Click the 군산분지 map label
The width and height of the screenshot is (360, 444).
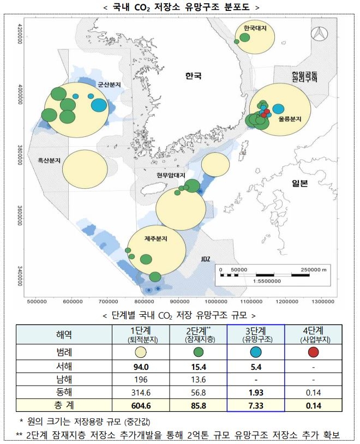[x=110, y=85]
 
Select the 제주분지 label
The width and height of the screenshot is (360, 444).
[x=155, y=239]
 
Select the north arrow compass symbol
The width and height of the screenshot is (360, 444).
[x=317, y=35]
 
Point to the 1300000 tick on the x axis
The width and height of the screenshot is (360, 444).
[x=323, y=301]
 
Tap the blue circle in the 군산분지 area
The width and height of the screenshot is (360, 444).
[x=99, y=105]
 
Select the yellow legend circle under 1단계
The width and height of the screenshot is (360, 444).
[x=141, y=352]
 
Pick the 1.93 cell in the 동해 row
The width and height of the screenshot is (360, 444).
[x=256, y=392]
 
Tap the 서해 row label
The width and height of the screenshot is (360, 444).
[x=63, y=365]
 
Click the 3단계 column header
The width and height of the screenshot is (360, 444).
[x=256, y=333]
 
